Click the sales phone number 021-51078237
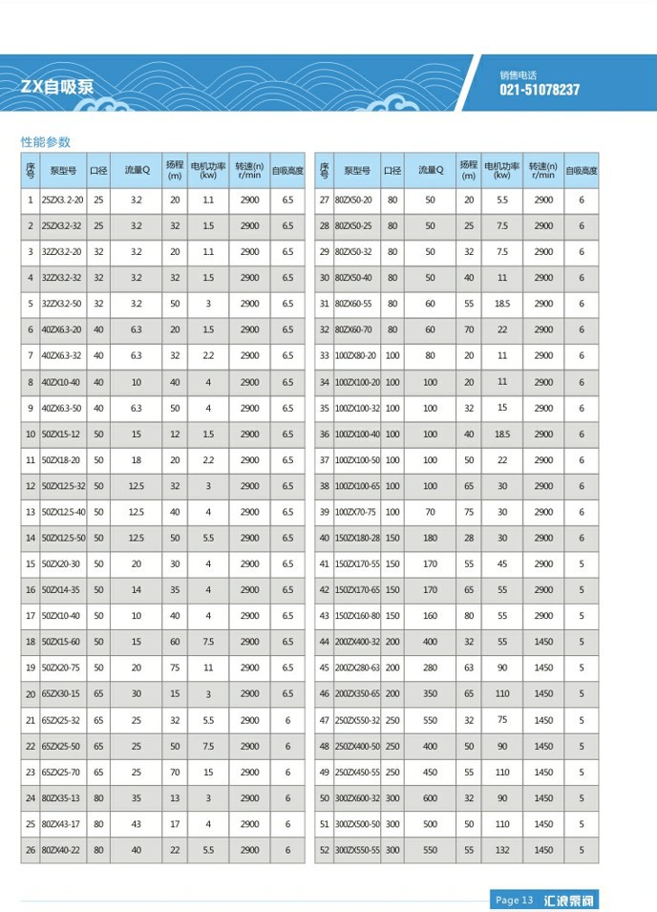[x=540, y=90]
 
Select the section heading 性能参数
[x=46, y=141]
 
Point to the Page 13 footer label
[x=514, y=900]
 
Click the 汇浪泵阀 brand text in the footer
[x=571, y=900]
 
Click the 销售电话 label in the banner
[x=519, y=74]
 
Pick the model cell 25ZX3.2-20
[x=63, y=200]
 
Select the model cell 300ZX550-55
[x=357, y=849]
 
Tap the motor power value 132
[x=502, y=849]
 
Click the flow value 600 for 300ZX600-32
[x=430, y=797]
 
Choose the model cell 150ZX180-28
[x=357, y=538]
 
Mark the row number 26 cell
[x=30, y=849]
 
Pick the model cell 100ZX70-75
[x=356, y=512]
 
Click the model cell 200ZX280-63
[x=357, y=668]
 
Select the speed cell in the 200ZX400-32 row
[x=543, y=642]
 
